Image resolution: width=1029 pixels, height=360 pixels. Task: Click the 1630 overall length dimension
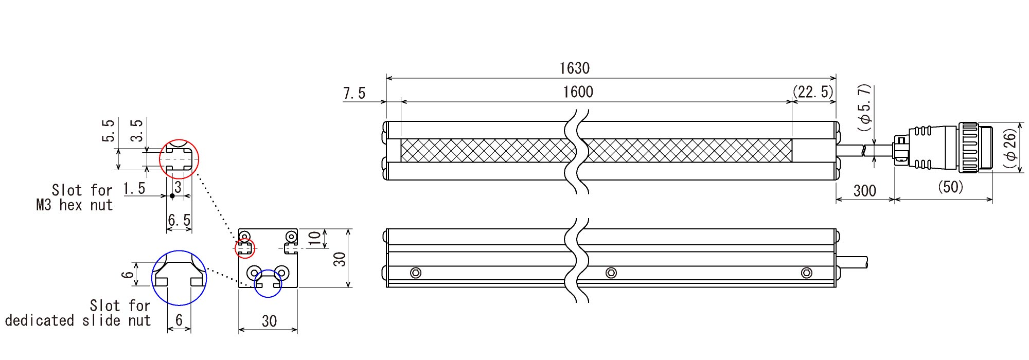coord(574,68)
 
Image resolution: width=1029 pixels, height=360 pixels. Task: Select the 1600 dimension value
coord(578,92)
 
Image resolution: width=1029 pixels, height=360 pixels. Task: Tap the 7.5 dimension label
coord(354,93)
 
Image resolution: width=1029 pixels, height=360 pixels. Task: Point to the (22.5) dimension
coord(812,92)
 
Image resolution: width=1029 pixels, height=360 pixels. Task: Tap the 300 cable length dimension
coord(864,191)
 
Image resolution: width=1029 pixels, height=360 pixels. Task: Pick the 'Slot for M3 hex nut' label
coord(75,197)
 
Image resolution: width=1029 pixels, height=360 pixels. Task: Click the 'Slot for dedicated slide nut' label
coord(78,313)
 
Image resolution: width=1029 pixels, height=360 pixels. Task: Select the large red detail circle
coord(179,159)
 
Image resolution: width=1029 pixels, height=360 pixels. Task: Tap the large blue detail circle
coord(179,278)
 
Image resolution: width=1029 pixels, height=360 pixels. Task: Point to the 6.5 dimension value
coord(179,220)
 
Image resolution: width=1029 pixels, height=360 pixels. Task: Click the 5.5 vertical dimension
coord(108,131)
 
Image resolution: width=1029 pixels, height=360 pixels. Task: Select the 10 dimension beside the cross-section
coord(314,238)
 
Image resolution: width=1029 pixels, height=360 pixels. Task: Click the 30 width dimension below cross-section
coord(269,321)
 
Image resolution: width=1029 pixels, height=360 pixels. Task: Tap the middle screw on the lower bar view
coord(611,273)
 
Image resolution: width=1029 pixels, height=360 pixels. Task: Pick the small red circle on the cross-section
coord(245,249)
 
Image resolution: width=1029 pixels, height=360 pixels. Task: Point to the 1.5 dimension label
coord(134,189)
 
